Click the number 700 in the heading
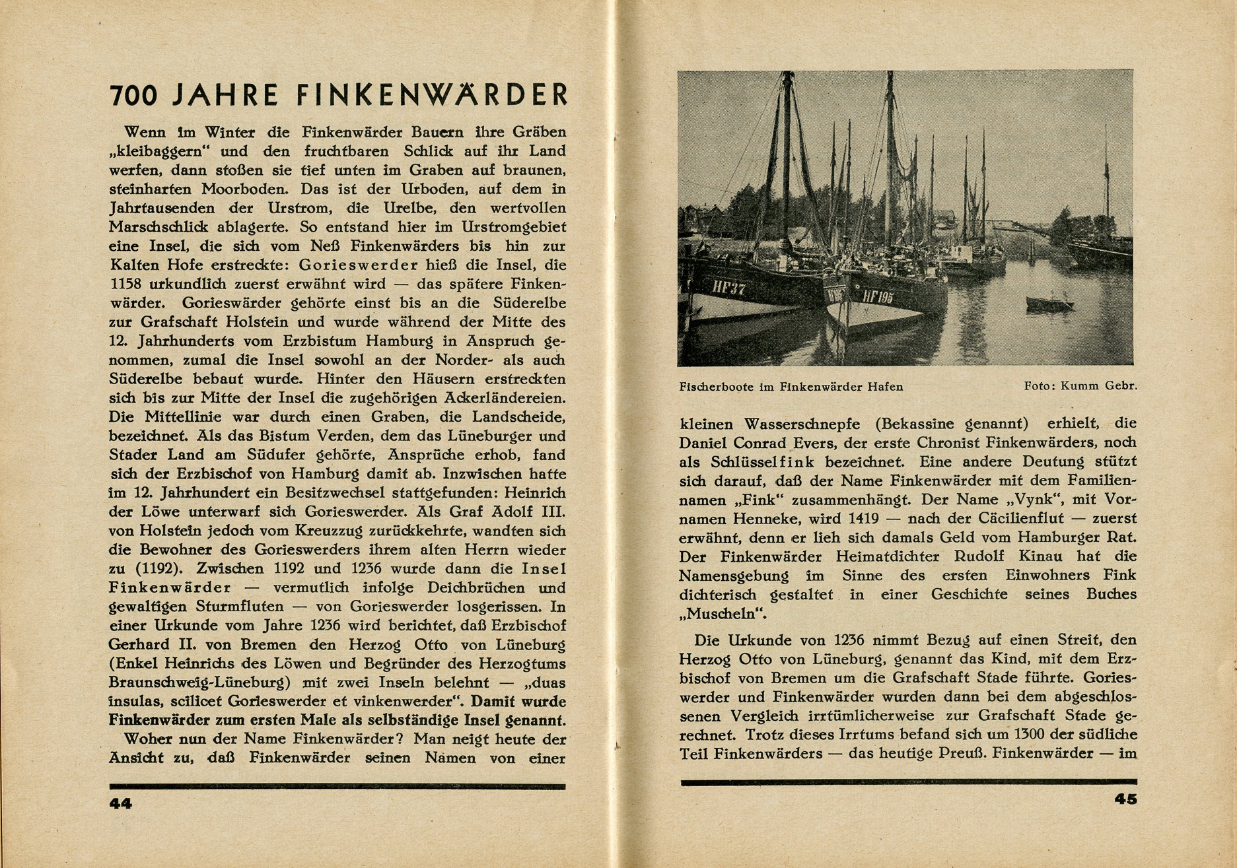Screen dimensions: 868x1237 coord(134,96)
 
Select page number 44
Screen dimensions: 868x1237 coord(121,803)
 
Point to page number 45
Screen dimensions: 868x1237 coord(1125,799)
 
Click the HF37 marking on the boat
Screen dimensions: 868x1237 coord(729,288)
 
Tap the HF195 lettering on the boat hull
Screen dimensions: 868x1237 coord(878,296)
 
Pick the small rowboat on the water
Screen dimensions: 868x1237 coord(1049,304)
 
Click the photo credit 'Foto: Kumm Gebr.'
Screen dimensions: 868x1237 coord(1080,386)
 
